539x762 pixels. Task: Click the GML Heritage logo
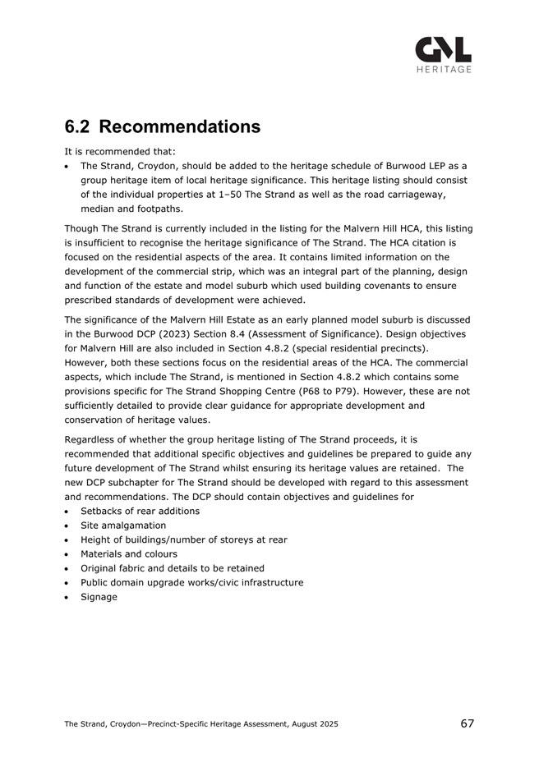point(443,55)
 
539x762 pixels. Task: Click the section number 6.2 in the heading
point(79,127)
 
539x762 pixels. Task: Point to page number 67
point(468,723)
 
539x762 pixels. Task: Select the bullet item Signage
point(99,597)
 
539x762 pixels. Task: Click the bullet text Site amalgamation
point(123,525)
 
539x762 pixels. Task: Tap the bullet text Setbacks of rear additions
point(140,511)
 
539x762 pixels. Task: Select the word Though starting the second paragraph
point(81,227)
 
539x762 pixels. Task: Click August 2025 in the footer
point(309,724)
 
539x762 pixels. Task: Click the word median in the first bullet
point(97,209)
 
